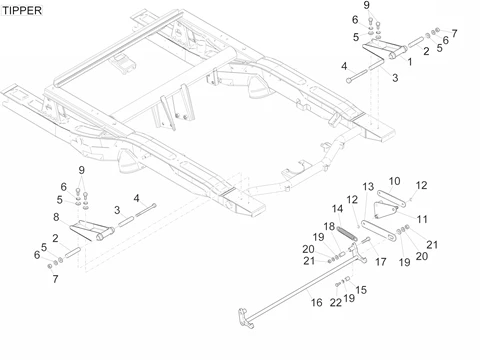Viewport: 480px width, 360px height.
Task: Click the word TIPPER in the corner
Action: [x=22, y=10]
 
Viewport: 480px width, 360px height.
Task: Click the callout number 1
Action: [x=410, y=62]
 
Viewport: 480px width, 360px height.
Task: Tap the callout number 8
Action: [x=56, y=217]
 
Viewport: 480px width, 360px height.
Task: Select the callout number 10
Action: [x=394, y=181]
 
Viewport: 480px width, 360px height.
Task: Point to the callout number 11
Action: [x=422, y=219]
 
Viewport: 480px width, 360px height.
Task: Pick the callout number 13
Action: [x=368, y=187]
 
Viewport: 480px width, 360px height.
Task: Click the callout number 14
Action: [x=337, y=209]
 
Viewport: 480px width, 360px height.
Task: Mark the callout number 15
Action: [x=361, y=290]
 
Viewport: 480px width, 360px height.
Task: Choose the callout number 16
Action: [x=317, y=302]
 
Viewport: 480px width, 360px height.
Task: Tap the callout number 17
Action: [x=381, y=262]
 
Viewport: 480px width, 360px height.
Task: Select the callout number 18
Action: [x=329, y=226]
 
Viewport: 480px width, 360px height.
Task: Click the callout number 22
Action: [x=336, y=302]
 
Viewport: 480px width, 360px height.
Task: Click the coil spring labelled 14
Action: [x=347, y=233]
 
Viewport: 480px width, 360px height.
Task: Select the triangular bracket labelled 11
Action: [x=385, y=209]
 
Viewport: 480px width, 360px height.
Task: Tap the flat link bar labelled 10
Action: [x=391, y=198]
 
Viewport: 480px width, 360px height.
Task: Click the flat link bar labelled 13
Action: [x=379, y=230]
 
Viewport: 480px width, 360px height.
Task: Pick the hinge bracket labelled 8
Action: [x=93, y=229]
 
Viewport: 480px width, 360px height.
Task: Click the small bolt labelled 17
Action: [x=366, y=240]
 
